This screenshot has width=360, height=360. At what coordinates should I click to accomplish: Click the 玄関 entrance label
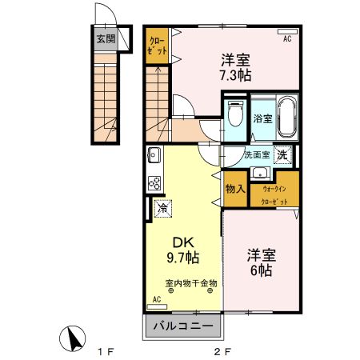tap(106, 38)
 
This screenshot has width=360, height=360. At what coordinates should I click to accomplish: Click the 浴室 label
tap(263, 118)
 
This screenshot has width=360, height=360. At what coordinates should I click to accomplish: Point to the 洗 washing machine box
tap(282, 155)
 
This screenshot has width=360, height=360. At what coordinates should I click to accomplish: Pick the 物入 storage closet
tap(235, 189)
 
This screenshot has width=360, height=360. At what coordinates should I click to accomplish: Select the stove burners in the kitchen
tap(154, 183)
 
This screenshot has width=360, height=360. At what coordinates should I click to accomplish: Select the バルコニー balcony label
tap(183, 327)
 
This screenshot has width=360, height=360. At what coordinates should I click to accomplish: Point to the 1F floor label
tap(106, 350)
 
